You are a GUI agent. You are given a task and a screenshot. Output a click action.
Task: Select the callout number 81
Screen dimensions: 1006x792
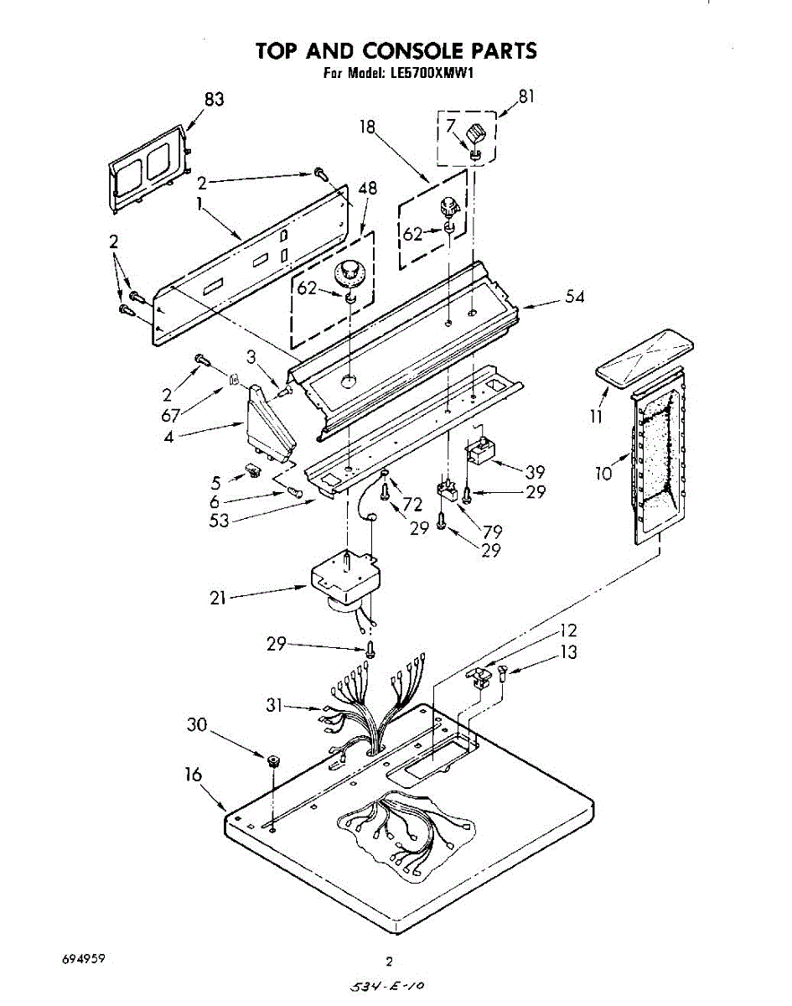click(x=525, y=96)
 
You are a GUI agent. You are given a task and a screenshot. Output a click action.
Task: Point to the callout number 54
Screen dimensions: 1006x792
click(x=574, y=297)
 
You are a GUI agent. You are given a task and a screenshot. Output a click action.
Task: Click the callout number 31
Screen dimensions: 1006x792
click(x=276, y=706)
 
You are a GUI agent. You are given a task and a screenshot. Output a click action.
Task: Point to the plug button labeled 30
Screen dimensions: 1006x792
click(x=273, y=761)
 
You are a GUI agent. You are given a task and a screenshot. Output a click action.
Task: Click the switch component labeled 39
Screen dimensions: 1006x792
click(x=481, y=453)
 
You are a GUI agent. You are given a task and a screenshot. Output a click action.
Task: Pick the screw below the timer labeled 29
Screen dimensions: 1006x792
click(x=370, y=648)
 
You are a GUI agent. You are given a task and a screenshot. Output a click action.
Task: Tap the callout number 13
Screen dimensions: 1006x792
click(x=569, y=652)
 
